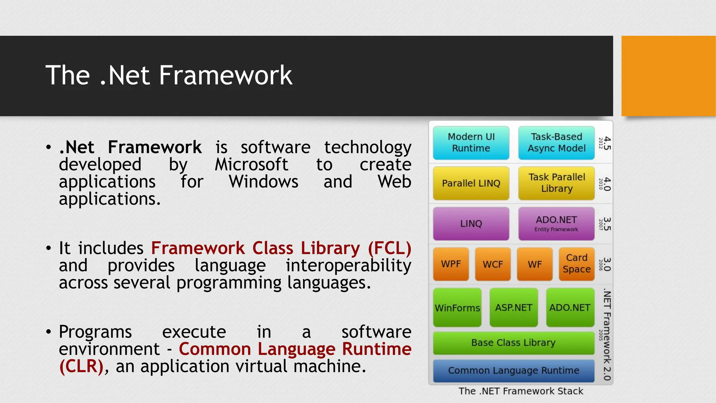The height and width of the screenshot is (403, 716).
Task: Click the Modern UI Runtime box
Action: [471, 143]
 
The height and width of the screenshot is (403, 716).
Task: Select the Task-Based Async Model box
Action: [556, 143]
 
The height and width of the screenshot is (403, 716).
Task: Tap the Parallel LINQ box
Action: [471, 183]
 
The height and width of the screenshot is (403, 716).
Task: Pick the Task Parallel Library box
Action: [556, 183]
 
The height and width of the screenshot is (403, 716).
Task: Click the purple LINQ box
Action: [471, 224]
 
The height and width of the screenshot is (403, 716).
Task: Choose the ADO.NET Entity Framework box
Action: [556, 224]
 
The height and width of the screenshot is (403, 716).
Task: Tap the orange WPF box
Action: [451, 264]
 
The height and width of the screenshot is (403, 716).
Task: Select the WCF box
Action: [493, 264]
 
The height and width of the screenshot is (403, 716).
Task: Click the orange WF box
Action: [535, 264]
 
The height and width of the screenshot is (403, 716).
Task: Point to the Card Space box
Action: [577, 264]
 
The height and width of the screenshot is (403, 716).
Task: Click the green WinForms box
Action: [457, 307]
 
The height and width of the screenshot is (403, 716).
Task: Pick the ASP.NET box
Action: [514, 307]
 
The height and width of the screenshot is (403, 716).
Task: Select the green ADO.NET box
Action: [570, 307]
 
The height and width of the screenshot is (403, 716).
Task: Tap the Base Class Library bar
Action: [513, 343]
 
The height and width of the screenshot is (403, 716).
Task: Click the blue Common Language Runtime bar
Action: [513, 370]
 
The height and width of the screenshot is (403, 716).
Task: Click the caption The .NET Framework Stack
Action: [521, 391]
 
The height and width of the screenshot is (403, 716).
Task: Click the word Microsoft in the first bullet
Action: [251, 164]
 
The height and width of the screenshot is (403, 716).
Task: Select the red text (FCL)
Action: [389, 248]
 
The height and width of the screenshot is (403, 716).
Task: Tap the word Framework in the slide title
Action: [225, 75]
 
